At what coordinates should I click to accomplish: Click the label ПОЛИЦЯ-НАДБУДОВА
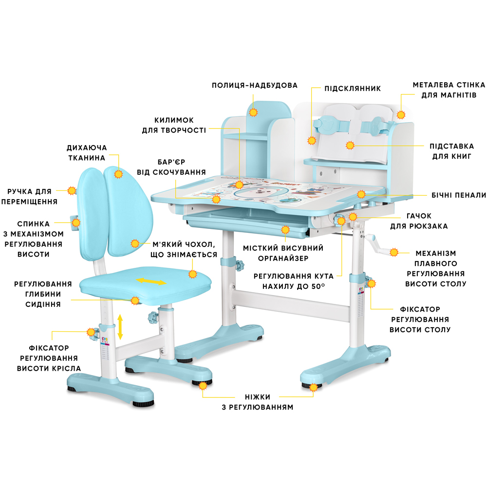pos(254,85)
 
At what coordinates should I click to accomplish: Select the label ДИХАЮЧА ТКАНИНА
pos(87,152)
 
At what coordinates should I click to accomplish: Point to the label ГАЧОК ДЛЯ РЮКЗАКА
pos(419,221)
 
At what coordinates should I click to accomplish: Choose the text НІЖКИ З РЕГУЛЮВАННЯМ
pos(254,402)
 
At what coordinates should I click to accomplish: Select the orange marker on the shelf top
pos(253,112)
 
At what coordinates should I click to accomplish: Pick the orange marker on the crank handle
pos(394,252)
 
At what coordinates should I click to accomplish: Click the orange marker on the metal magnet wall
pos(401,115)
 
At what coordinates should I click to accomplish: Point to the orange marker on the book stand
pos(349,145)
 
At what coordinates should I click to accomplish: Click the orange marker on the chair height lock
pos(91,333)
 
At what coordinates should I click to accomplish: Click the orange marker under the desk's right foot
pos(314,388)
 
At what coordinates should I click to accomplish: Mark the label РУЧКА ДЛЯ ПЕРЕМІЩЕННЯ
pos(29,196)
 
